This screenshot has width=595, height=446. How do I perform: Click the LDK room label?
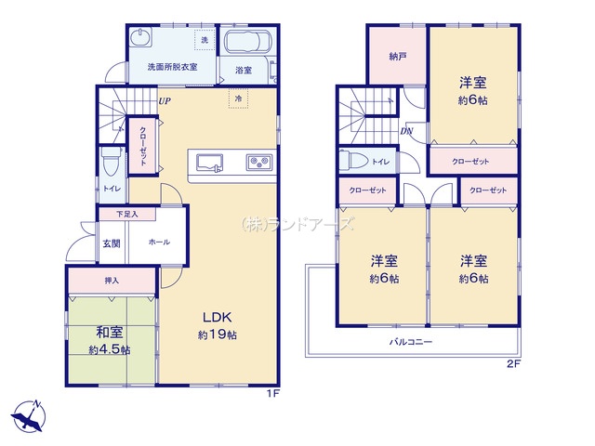point(217,317)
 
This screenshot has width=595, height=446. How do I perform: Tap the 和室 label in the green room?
point(110,333)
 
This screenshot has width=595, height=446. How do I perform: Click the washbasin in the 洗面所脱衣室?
point(140,37)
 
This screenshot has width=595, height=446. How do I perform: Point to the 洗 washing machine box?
point(205,39)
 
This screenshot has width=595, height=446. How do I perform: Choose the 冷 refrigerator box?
point(238,98)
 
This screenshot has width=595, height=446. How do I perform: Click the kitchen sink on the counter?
point(209,164)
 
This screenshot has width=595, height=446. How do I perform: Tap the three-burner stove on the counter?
point(260,163)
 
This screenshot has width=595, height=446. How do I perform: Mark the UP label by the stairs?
point(165,101)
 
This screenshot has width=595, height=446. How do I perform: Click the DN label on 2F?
point(406,131)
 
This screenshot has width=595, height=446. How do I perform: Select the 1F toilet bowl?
point(112,162)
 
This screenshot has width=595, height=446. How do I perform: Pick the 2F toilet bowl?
point(353,161)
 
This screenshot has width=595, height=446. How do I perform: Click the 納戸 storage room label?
point(398,57)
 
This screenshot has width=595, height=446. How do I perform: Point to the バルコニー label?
point(411,342)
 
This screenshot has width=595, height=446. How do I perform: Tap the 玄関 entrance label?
point(112,243)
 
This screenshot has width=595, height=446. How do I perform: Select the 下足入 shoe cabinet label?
point(127,215)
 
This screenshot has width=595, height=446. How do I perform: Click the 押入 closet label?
point(112,281)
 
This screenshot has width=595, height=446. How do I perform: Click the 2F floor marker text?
point(514,365)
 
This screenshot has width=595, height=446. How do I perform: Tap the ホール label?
point(159,242)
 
